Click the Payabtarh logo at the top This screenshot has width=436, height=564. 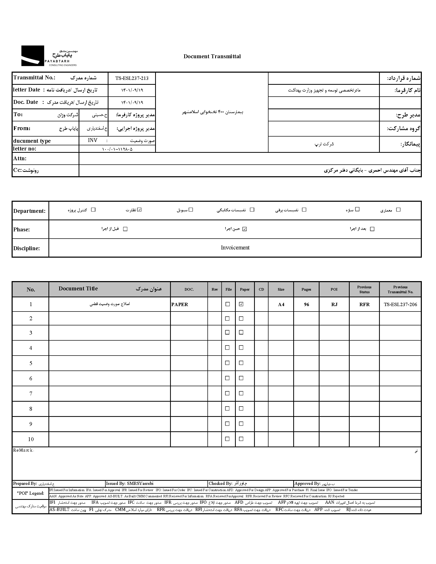(49, 56)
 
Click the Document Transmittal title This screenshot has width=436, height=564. (212, 57)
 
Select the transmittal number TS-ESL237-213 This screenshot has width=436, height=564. (132, 79)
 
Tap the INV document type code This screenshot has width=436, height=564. (93, 140)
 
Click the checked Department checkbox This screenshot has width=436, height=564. (139, 210)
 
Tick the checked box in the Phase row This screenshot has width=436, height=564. (245, 229)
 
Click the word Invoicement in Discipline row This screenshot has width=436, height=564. (235, 248)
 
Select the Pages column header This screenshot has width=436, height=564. (306, 289)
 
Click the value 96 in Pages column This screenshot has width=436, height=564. (306, 305)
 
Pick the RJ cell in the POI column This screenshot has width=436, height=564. (334, 305)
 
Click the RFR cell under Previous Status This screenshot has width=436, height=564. (364, 305)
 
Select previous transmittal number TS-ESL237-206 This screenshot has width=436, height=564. (400, 305)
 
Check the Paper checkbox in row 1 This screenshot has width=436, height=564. (241, 304)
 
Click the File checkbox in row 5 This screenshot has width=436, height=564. (227, 363)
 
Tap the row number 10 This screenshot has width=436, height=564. (31, 439)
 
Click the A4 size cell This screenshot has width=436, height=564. (281, 305)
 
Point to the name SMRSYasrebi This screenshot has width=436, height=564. (140, 483)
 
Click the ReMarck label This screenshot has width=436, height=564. (23, 450)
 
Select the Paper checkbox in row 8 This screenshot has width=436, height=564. (241, 409)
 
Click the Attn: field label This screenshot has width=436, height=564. (20, 158)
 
